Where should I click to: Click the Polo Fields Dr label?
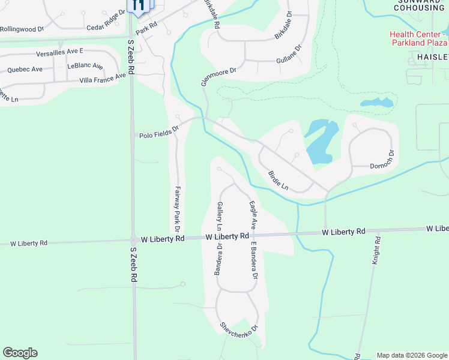(159, 131)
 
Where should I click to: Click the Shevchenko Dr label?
(238, 328)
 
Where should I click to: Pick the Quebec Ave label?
(25, 70)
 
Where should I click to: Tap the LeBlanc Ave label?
(85, 65)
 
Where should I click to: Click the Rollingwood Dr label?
(22, 29)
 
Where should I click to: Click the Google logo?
(20, 353)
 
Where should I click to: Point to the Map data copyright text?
(411, 355)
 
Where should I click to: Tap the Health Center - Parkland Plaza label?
(418, 38)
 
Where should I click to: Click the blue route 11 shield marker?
(139, 6)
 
